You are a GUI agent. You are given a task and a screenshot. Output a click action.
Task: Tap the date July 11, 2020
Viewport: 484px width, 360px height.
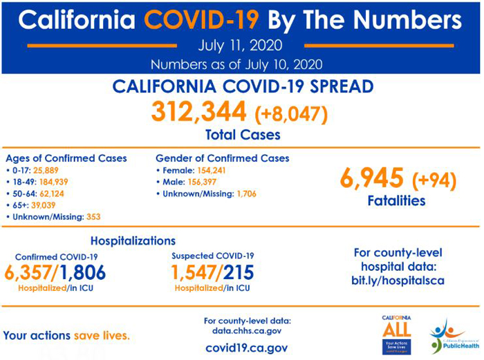point(239,47)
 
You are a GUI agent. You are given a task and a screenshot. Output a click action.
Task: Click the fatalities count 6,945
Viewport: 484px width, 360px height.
point(371,179)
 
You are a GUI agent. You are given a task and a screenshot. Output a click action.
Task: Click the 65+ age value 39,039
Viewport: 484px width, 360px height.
point(44,205)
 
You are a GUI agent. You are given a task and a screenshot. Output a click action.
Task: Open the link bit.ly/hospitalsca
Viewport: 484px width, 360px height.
point(396,281)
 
